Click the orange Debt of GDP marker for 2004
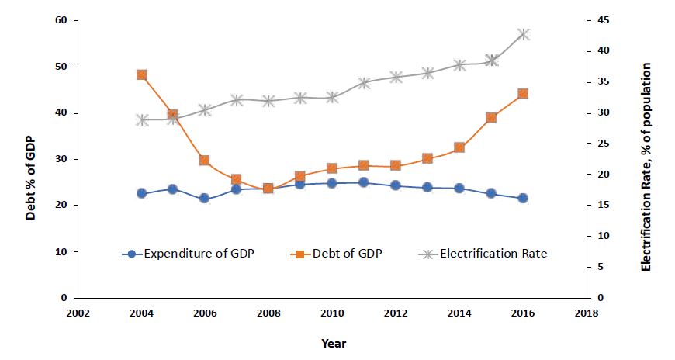[141, 74]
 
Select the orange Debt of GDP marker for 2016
[523, 94]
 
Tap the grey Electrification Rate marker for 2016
[523, 34]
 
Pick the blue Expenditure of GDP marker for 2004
[141, 193]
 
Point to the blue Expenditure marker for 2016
[523, 198]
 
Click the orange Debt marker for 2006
[205, 160]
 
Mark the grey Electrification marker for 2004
[141, 119]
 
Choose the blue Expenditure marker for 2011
[364, 182]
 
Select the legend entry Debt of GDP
[342, 253]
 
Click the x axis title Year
[334, 343]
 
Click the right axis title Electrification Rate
[647, 166]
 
